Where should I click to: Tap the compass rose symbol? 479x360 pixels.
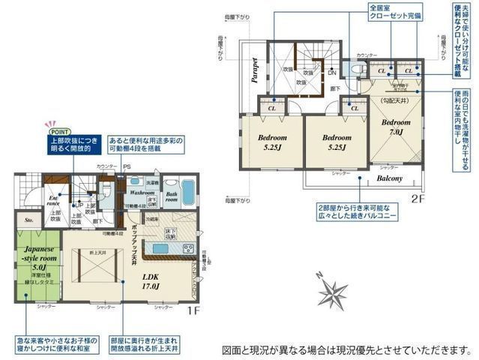tap(334, 293)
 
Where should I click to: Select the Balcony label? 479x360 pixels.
tap(389, 178)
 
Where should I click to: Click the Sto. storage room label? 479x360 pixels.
tap(29, 221)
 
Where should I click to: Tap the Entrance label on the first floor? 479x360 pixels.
tap(52, 200)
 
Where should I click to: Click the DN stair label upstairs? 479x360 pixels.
tap(331, 73)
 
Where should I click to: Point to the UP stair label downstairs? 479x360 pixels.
tap(77, 205)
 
